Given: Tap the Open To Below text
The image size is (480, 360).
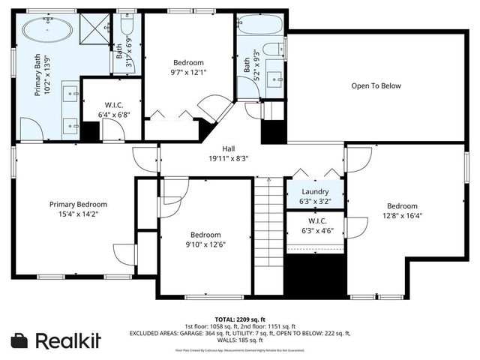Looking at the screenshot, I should tap(376, 85).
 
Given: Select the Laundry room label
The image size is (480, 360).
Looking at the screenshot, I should tap(315, 192).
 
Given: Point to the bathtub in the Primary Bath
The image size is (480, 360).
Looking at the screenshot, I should tap(47, 31).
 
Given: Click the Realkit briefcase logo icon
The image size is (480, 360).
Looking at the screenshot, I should tap(20, 340).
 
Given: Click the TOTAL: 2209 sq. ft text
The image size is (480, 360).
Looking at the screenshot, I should tap(240, 318).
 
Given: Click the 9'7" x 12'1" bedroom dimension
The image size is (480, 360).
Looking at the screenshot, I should tap(188, 73).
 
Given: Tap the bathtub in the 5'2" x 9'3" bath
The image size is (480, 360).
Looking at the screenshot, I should tap(260, 25).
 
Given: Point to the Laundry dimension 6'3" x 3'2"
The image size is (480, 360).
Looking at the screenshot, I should tap(315, 201).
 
